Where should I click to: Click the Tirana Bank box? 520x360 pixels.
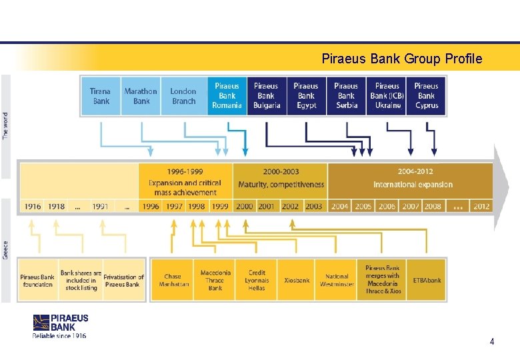click(101, 96)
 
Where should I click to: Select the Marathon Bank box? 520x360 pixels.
click(141, 96)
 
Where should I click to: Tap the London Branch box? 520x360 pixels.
click(183, 96)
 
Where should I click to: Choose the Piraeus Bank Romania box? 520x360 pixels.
click(227, 96)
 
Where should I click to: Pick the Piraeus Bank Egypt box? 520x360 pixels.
click(306, 96)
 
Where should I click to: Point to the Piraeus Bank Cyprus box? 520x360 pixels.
click(426, 96)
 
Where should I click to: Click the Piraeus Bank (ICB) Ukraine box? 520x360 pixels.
click(387, 96)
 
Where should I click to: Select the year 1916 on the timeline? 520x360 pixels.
click(33, 206)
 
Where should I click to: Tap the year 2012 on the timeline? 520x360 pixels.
click(481, 206)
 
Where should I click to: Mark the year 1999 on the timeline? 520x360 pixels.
click(220, 206)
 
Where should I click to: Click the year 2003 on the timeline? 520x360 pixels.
click(314, 206)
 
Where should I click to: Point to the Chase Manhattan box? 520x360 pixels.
click(172, 280)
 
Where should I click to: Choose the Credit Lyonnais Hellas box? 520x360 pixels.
click(257, 280)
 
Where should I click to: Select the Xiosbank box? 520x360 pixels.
click(297, 280)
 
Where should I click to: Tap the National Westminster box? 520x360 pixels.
click(337, 280)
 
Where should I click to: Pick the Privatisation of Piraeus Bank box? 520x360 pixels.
click(123, 281)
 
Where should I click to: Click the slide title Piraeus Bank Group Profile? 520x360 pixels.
click(401, 59)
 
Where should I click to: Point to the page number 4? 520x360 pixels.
click(491, 341)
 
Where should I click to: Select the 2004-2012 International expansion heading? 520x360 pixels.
click(413, 178)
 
